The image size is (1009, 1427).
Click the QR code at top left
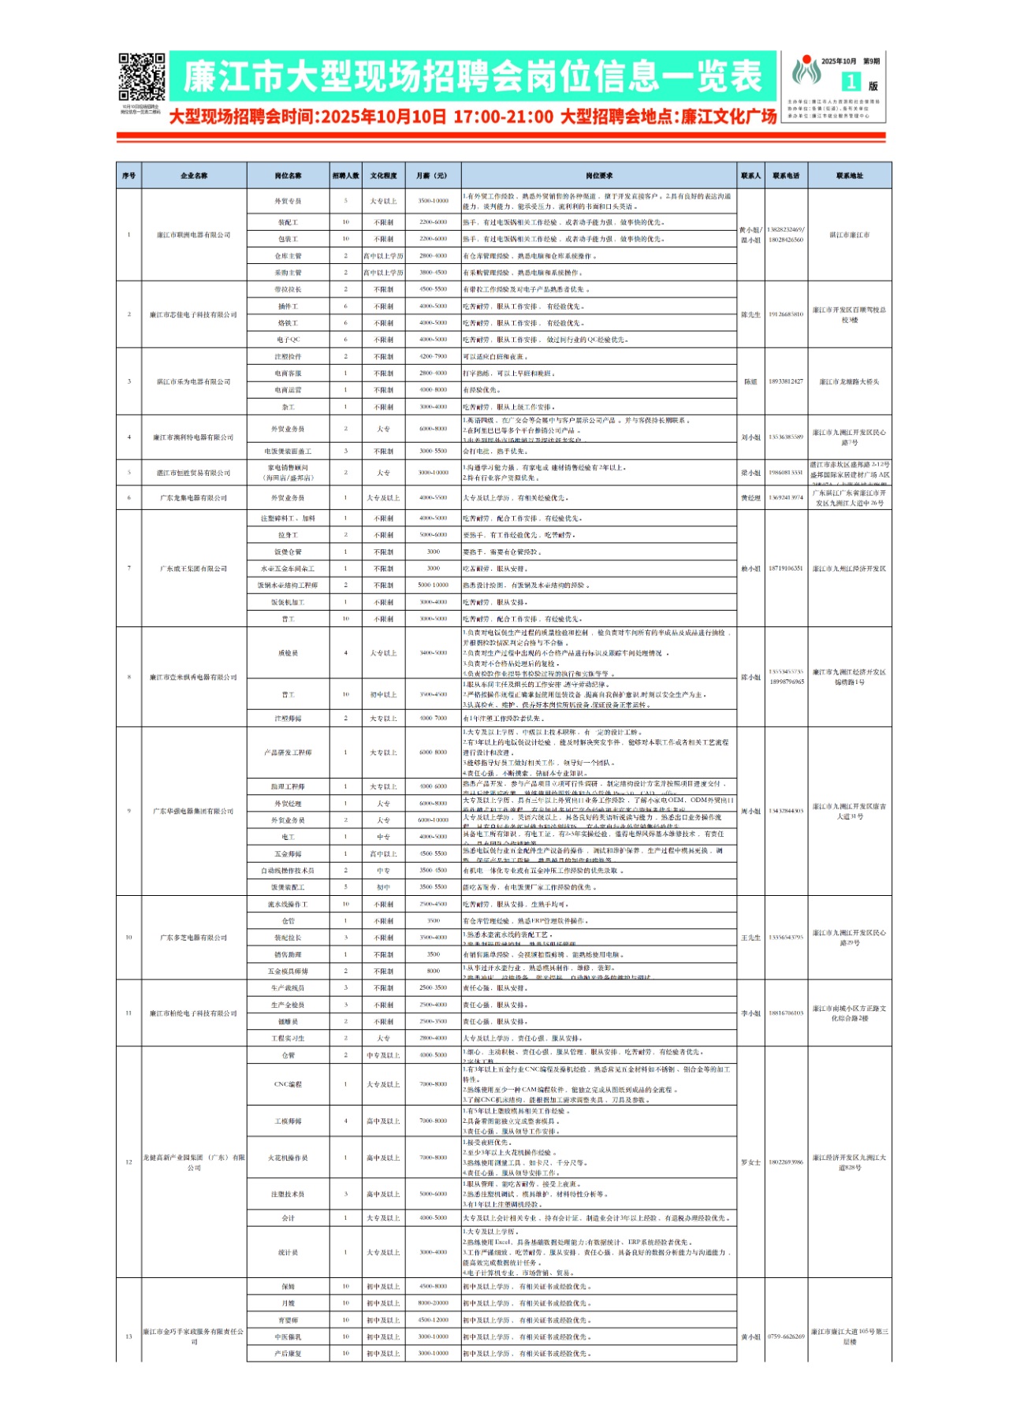[141, 77]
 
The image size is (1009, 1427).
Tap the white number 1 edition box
[850, 82]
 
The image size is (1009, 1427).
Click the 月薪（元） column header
[433, 176]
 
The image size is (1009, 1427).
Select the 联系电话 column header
[786, 176]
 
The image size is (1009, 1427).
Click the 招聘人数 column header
[345, 176]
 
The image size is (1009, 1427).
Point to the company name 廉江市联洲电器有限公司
[194, 235]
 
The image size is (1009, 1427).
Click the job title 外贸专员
[288, 201]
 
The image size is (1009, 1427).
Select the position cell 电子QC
[288, 340]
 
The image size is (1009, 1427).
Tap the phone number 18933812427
[786, 381]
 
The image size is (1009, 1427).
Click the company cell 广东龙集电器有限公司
[194, 498]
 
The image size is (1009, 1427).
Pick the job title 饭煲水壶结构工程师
[288, 585]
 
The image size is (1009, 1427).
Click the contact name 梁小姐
[750, 473]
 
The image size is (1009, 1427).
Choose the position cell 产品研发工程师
[288, 753]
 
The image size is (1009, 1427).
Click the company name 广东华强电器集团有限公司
[194, 811]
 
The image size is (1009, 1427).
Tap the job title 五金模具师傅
[288, 972]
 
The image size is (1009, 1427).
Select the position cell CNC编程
[288, 1084]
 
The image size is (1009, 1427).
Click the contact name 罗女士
[750, 1162]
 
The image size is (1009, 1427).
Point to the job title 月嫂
[288, 1303]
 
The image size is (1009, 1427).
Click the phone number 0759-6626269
[786, 1336]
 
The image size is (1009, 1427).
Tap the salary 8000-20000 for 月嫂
[433, 1303]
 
